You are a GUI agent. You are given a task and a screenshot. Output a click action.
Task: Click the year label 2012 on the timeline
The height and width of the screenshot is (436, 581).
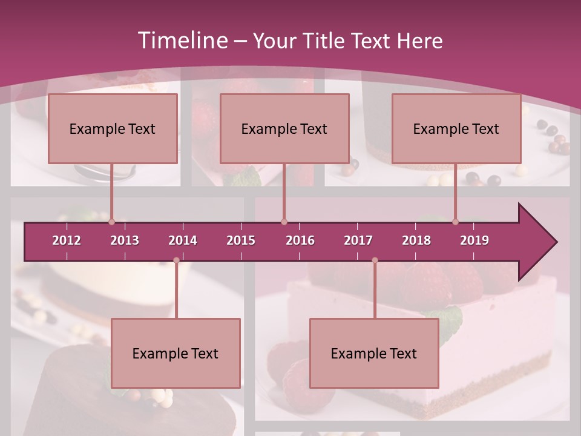click(67, 240)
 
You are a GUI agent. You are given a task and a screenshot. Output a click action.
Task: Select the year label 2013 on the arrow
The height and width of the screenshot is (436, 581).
click(125, 240)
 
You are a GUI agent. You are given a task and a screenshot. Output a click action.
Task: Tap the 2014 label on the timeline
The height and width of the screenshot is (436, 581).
click(183, 240)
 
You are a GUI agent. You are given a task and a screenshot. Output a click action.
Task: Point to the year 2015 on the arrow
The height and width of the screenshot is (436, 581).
click(241, 240)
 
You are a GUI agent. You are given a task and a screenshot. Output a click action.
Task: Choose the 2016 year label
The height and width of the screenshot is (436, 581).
click(300, 240)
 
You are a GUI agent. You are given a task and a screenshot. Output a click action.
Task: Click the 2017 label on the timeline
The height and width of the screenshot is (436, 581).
click(358, 240)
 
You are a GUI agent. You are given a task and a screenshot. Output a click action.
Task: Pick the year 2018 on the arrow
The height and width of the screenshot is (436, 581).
click(416, 240)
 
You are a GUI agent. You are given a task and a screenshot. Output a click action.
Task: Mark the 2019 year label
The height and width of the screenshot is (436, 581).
click(474, 240)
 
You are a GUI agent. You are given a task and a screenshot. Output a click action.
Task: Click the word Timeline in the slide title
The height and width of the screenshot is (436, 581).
click(182, 41)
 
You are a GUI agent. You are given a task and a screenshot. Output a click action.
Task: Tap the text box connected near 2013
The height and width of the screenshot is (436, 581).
click(113, 129)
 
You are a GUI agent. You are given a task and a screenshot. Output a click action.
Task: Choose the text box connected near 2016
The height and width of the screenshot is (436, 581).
click(284, 129)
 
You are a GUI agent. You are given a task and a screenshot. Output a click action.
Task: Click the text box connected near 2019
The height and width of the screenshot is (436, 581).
click(456, 129)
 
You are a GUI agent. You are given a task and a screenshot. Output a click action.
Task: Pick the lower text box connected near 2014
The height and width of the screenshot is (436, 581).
click(176, 354)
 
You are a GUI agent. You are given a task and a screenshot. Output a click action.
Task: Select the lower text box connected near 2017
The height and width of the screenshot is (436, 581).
click(374, 354)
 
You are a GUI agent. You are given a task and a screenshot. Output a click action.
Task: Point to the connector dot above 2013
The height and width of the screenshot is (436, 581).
click(111, 222)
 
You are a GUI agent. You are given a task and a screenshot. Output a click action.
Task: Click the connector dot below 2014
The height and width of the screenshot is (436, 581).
click(176, 260)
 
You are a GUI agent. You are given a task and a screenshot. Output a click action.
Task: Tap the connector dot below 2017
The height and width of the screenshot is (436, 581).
click(375, 260)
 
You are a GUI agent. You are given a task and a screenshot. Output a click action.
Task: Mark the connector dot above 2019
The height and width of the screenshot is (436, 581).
click(455, 222)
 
